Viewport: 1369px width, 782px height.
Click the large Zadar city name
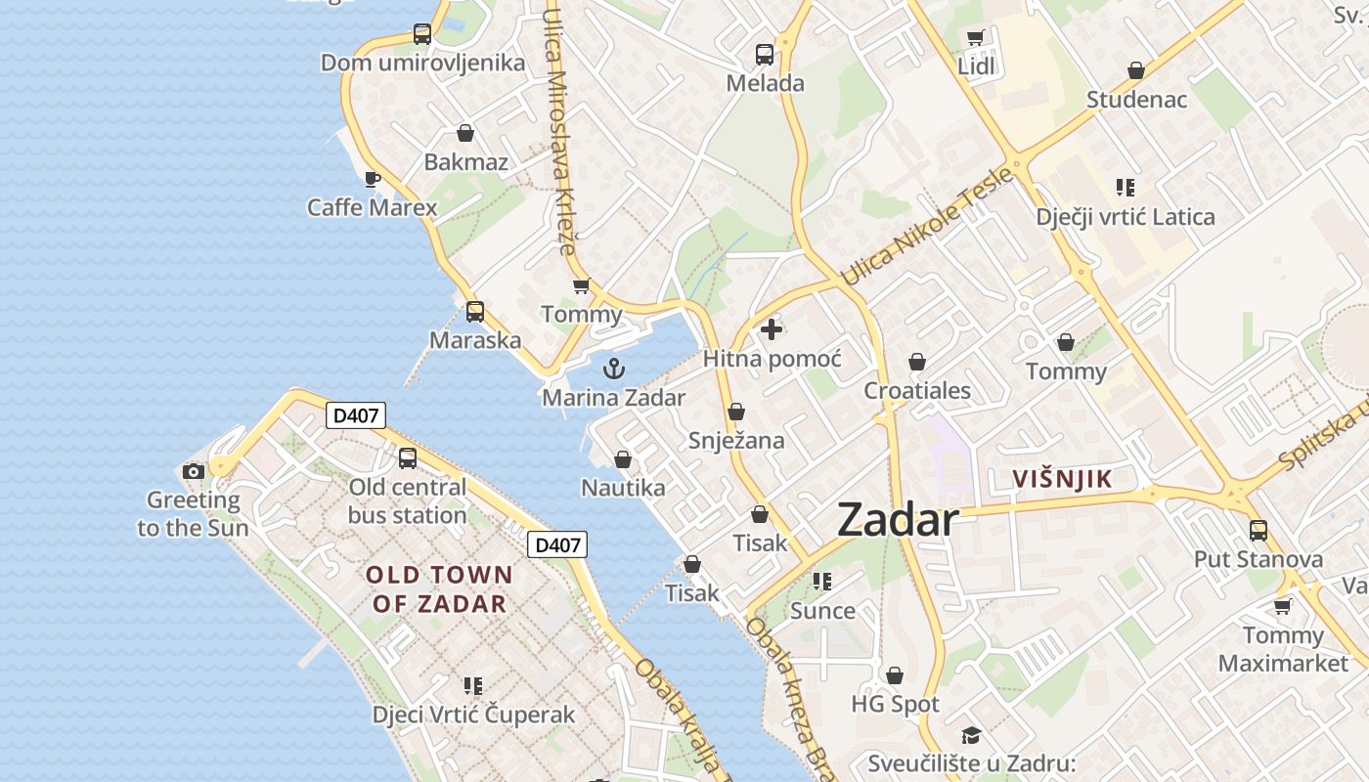point(898,520)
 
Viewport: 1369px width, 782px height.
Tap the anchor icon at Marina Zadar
point(614,369)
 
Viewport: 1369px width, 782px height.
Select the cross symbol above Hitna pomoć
point(772,329)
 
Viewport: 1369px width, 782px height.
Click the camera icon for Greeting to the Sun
point(194,472)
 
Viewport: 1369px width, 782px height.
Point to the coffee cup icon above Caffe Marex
point(372,178)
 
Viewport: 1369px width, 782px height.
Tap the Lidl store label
point(976,66)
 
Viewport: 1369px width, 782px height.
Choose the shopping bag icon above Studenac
point(1136,70)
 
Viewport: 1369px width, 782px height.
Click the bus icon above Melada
point(765,55)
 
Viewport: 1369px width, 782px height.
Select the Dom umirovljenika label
point(423,64)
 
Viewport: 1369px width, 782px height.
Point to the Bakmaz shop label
point(466,162)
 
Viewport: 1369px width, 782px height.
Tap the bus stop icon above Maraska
point(475,312)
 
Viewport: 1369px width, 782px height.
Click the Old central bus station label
point(408,500)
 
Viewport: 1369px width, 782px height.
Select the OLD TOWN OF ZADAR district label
point(439,589)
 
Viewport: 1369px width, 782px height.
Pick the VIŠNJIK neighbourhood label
point(1063,479)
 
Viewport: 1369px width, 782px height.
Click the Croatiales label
point(917,391)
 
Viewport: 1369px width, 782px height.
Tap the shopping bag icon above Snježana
point(736,412)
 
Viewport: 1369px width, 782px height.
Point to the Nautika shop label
point(623,488)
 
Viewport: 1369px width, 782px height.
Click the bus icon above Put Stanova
point(1259,531)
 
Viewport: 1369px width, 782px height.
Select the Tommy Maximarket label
point(1283,649)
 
